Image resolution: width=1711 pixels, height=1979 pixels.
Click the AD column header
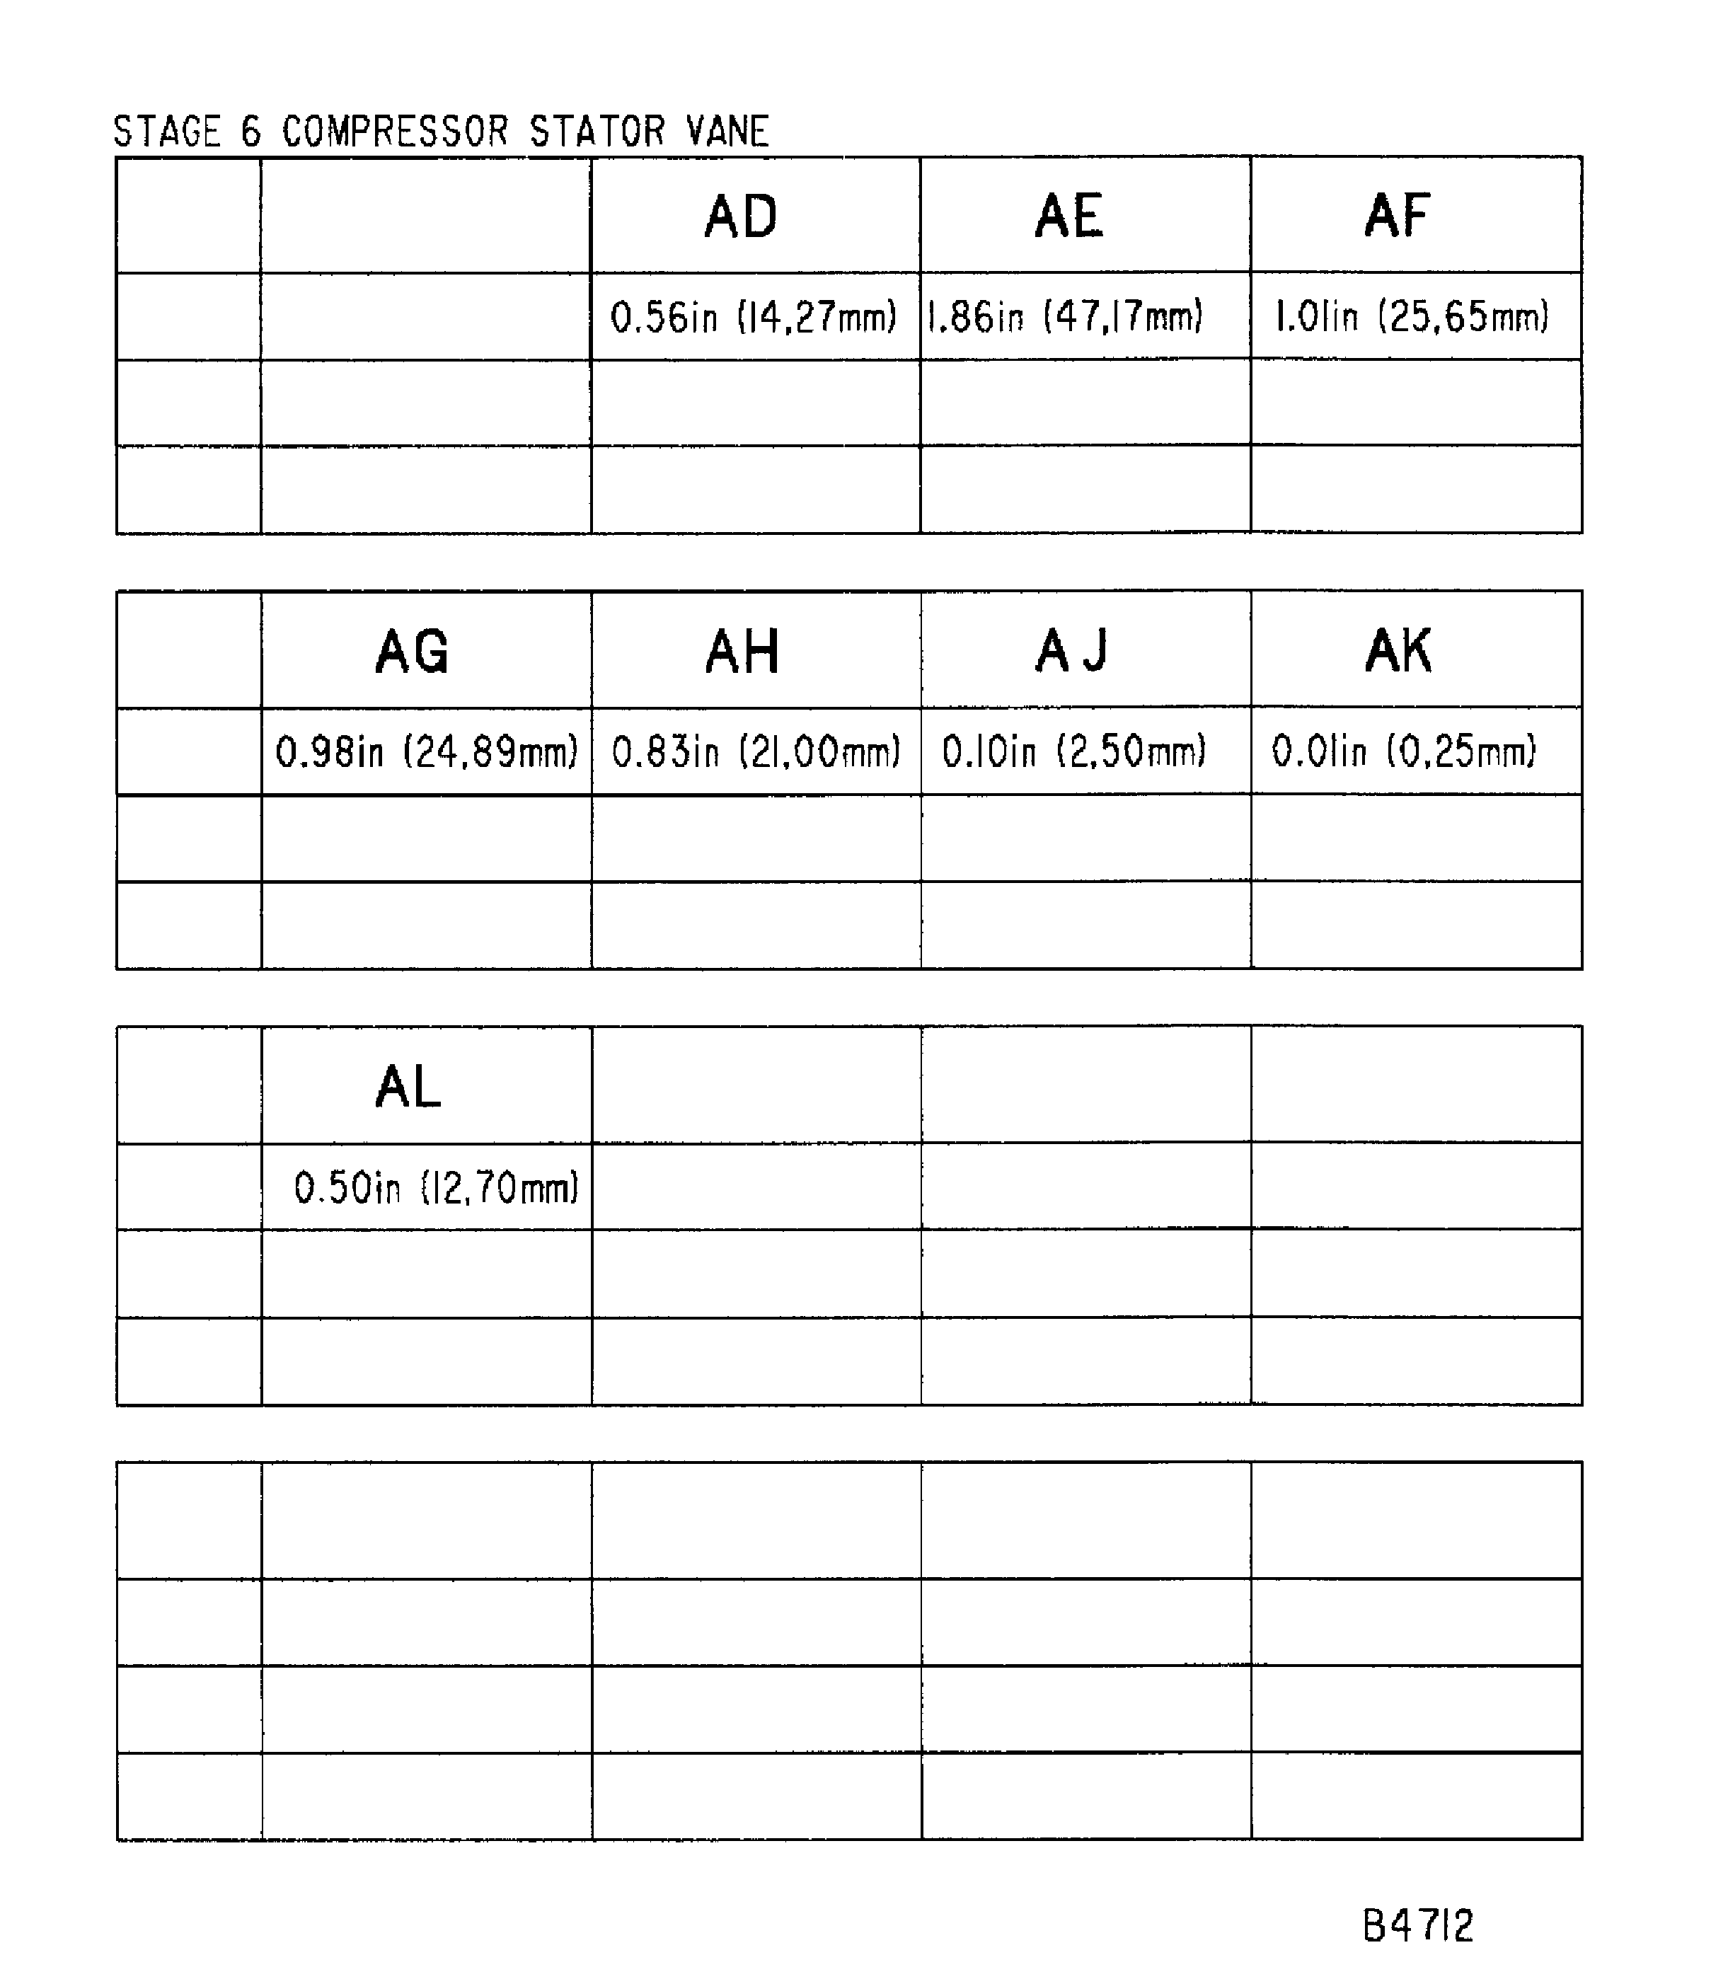(x=742, y=216)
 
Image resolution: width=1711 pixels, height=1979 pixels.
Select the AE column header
(x=1069, y=216)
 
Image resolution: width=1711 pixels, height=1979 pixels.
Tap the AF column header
(x=1397, y=216)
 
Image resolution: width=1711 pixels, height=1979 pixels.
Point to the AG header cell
(x=412, y=652)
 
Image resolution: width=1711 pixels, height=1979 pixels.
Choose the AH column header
(x=742, y=652)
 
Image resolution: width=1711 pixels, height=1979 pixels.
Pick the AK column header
(x=1399, y=652)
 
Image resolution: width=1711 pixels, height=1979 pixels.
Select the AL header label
(x=409, y=1088)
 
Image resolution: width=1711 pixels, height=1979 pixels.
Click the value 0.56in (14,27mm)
(x=754, y=317)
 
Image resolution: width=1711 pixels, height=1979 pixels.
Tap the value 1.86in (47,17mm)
(x=1064, y=316)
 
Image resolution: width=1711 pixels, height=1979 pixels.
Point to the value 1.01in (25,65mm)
(x=1412, y=316)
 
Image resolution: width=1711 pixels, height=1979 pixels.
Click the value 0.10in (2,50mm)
(x=1073, y=751)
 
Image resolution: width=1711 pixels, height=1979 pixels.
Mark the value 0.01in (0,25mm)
(x=1403, y=751)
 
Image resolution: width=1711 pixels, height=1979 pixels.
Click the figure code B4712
(x=1418, y=1925)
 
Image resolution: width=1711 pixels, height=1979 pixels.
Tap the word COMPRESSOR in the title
(x=395, y=132)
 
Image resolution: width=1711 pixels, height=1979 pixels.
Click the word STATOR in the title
(x=597, y=132)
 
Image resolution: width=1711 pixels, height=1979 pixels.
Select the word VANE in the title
(x=727, y=132)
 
